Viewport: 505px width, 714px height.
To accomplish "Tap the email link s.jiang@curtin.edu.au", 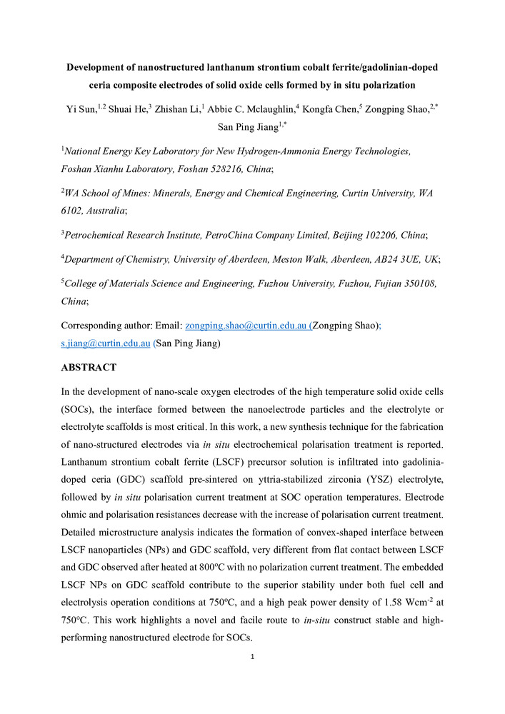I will [105, 343].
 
